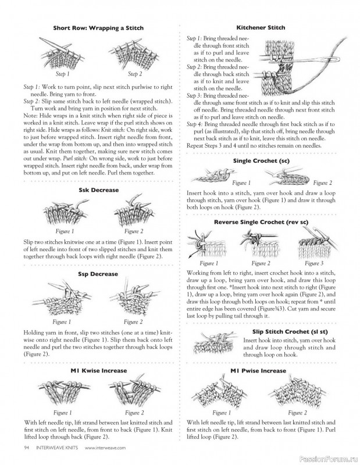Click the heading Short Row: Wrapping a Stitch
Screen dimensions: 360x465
(x=98, y=28)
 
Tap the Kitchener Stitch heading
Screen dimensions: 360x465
(x=261, y=27)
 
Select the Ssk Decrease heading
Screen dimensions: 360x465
(x=98, y=190)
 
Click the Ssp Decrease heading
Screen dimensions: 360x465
(x=98, y=274)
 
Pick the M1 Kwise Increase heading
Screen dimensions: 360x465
(x=98, y=371)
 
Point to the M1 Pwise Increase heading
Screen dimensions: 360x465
(x=258, y=371)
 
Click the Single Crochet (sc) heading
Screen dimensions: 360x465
(x=261, y=161)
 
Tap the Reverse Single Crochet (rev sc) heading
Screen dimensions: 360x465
(x=261, y=222)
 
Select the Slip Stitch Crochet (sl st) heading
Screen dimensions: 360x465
(x=290, y=332)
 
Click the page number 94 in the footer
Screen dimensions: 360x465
(x=26, y=448)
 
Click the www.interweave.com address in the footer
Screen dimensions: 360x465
(x=105, y=448)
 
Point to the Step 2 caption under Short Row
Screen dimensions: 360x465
(x=135, y=74)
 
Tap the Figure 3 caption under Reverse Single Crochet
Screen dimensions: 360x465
(x=314, y=263)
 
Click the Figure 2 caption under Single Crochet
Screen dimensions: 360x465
(x=323, y=183)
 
